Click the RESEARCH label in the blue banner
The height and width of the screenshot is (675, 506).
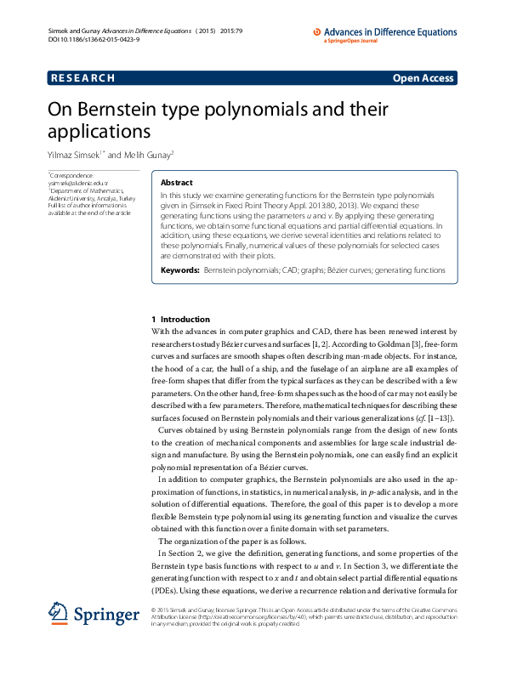tap(82, 78)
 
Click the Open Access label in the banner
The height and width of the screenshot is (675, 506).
tap(423, 78)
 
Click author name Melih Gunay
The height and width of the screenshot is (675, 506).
tap(149, 155)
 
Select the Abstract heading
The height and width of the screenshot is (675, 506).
tap(177, 183)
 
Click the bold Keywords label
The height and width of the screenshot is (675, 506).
tap(179, 269)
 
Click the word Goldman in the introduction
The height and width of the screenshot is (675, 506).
tap(367, 344)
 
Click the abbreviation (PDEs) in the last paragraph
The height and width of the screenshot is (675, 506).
tap(165, 590)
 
